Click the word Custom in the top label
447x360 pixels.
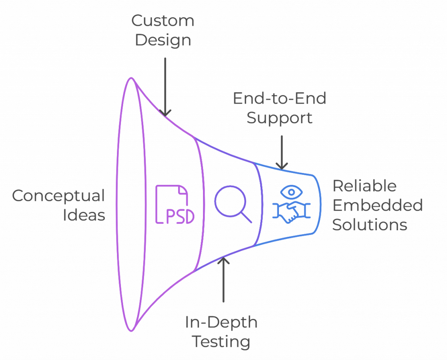(163, 21)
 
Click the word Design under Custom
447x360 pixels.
(163, 40)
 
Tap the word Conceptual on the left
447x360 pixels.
(59, 196)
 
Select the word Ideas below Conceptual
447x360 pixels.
(84, 215)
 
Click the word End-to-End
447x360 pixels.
(279, 99)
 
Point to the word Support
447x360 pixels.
(279, 118)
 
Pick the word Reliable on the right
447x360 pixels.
(364, 186)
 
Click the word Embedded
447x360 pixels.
(378, 205)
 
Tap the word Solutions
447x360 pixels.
(370, 225)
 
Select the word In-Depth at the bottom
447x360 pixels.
(221, 322)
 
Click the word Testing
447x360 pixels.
(222, 342)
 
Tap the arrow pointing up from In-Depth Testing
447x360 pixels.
(224, 280)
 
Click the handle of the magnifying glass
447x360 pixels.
(246, 217)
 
